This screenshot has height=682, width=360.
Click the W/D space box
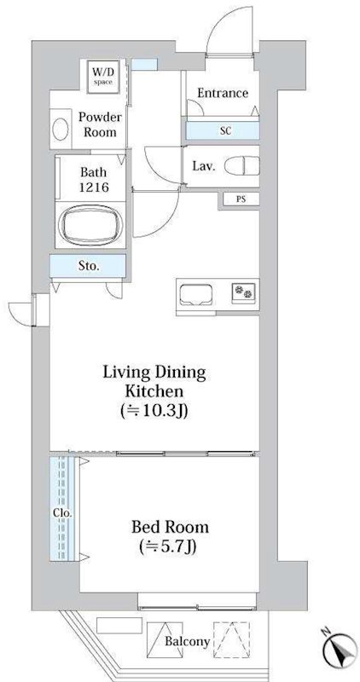103,77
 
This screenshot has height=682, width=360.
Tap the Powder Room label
100,124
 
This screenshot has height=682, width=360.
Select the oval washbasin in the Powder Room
61,130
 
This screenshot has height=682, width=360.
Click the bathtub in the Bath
90,224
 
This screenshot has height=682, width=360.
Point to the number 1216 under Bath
93,188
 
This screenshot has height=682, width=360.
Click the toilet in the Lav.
242,166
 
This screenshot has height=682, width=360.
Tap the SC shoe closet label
225,130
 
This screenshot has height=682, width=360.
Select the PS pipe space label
241,199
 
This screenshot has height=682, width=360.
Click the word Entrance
223,93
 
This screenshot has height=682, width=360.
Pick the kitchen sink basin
195,295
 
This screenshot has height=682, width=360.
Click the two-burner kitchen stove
243,291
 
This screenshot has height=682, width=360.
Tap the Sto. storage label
89,266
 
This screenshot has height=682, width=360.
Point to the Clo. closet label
63,512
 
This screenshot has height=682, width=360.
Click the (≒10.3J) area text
154,411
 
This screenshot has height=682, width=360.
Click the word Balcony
187,641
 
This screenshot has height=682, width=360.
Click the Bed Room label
171,527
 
